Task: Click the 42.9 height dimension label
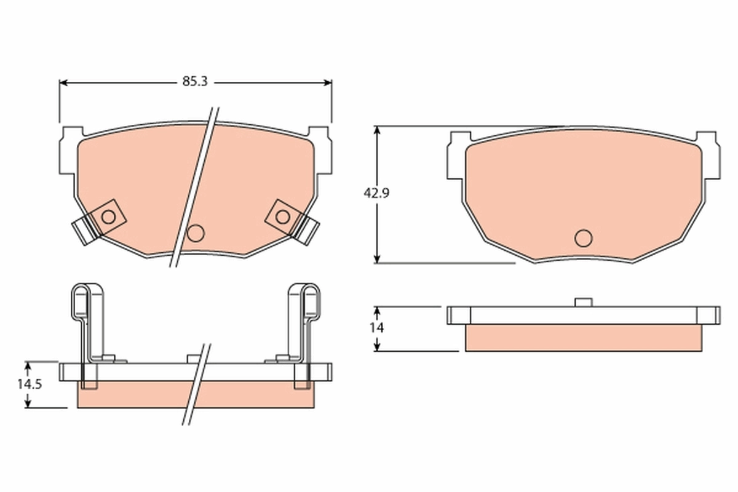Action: click(376, 192)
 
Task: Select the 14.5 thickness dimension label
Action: click(29, 384)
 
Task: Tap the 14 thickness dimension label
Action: click(376, 328)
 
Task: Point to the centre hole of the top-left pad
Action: click(196, 232)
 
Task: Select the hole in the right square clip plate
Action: click(282, 216)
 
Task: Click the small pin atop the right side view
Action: click(582, 302)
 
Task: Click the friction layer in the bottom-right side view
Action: click(583, 338)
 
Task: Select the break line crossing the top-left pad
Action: click(196, 184)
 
